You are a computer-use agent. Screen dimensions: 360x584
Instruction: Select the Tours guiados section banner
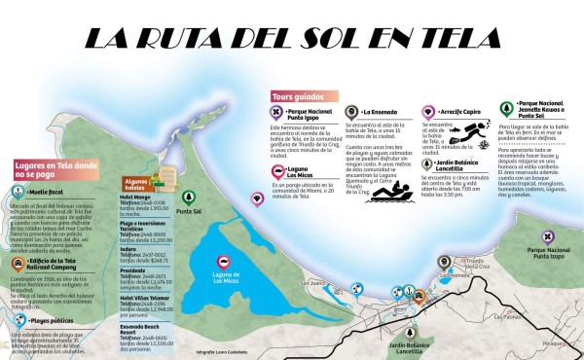click(298, 96)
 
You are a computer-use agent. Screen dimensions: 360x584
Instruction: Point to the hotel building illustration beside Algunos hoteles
click(165, 176)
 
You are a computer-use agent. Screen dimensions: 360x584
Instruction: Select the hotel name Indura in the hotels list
click(128, 247)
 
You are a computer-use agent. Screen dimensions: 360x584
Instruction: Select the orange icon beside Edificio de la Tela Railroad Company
click(18, 262)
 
